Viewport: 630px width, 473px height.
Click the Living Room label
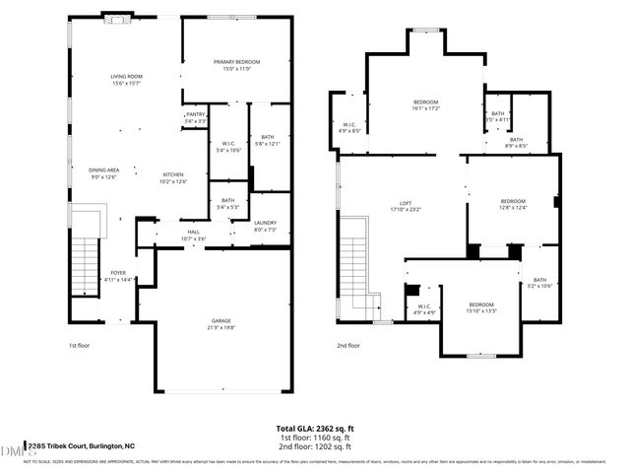[126, 76]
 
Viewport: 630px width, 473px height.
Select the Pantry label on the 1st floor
[194, 115]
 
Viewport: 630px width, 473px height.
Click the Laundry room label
[265, 224]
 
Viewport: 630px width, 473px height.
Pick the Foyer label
[117, 274]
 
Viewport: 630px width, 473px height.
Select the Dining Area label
[104, 169]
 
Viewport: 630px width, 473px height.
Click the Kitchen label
[173, 175]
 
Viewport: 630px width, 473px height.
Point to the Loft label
[404, 203]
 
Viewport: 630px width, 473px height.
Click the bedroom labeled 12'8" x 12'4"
[512, 202]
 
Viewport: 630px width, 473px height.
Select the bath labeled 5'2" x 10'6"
[539, 282]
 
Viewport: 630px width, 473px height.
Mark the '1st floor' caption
[81, 346]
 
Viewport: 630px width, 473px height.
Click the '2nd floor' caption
[348, 346]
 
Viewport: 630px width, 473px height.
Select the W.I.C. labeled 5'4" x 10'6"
[228, 146]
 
